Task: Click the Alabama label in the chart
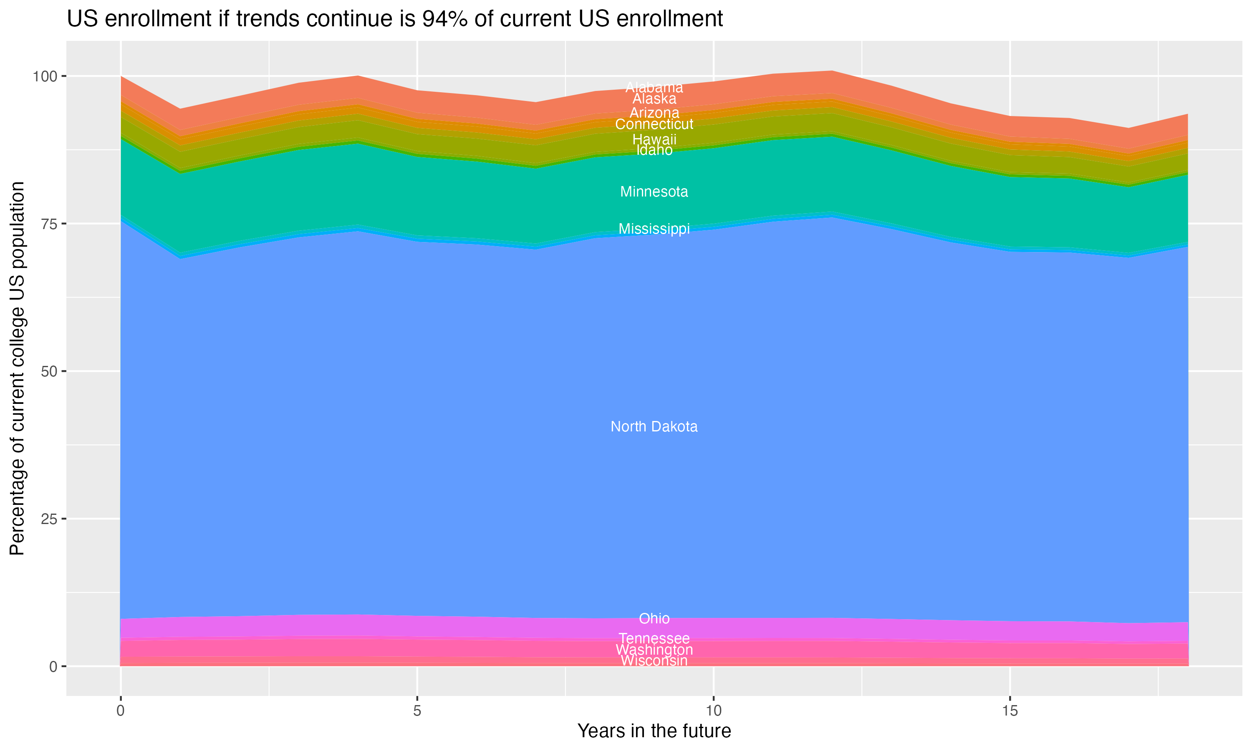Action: click(654, 88)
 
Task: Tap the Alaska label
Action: click(654, 99)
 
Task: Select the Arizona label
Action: click(654, 112)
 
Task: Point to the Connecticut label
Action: click(654, 124)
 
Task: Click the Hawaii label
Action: click(654, 139)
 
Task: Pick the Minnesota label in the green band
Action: click(654, 192)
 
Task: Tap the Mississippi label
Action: click(654, 229)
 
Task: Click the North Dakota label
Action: click(654, 427)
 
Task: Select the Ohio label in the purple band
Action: click(654, 618)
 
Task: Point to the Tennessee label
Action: click(654, 638)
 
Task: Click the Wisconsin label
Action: click(654, 661)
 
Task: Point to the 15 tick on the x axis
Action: click(1010, 711)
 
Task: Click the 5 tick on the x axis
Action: click(417, 711)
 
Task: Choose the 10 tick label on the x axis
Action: click(713, 711)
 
